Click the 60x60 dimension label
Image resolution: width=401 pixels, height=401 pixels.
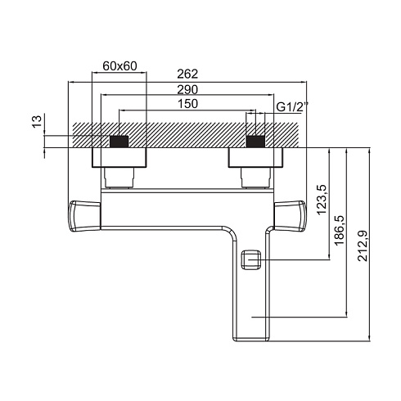click(x=119, y=66)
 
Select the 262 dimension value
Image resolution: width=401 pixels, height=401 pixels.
click(x=187, y=74)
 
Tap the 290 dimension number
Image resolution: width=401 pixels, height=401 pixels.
click(x=187, y=90)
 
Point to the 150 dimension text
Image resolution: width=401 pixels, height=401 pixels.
click(x=187, y=104)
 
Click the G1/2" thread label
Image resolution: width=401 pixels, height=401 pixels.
click(x=290, y=106)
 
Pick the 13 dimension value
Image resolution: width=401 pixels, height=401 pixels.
click(x=38, y=121)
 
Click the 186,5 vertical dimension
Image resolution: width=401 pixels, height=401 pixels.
click(x=340, y=230)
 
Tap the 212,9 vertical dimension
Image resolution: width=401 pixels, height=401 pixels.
click(x=363, y=246)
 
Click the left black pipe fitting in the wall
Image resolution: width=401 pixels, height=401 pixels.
click(x=119, y=142)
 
